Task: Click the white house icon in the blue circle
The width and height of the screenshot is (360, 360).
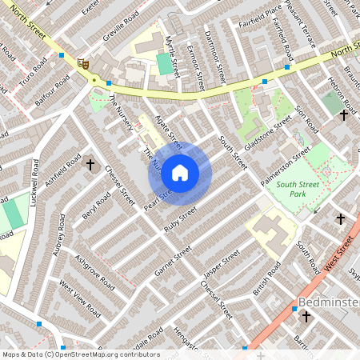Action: (x=180, y=173)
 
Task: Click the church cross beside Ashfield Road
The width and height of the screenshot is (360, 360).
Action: (x=90, y=166)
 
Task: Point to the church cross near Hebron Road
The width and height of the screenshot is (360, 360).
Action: (x=343, y=115)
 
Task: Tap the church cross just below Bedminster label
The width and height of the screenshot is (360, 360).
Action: (x=305, y=318)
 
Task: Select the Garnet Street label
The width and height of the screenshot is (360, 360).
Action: (x=173, y=261)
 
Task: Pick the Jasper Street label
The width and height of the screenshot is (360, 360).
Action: (x=221, y=266)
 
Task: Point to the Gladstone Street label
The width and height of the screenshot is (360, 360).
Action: (x=268, y=131)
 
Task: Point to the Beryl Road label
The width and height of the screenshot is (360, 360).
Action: (x=95, y=206)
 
